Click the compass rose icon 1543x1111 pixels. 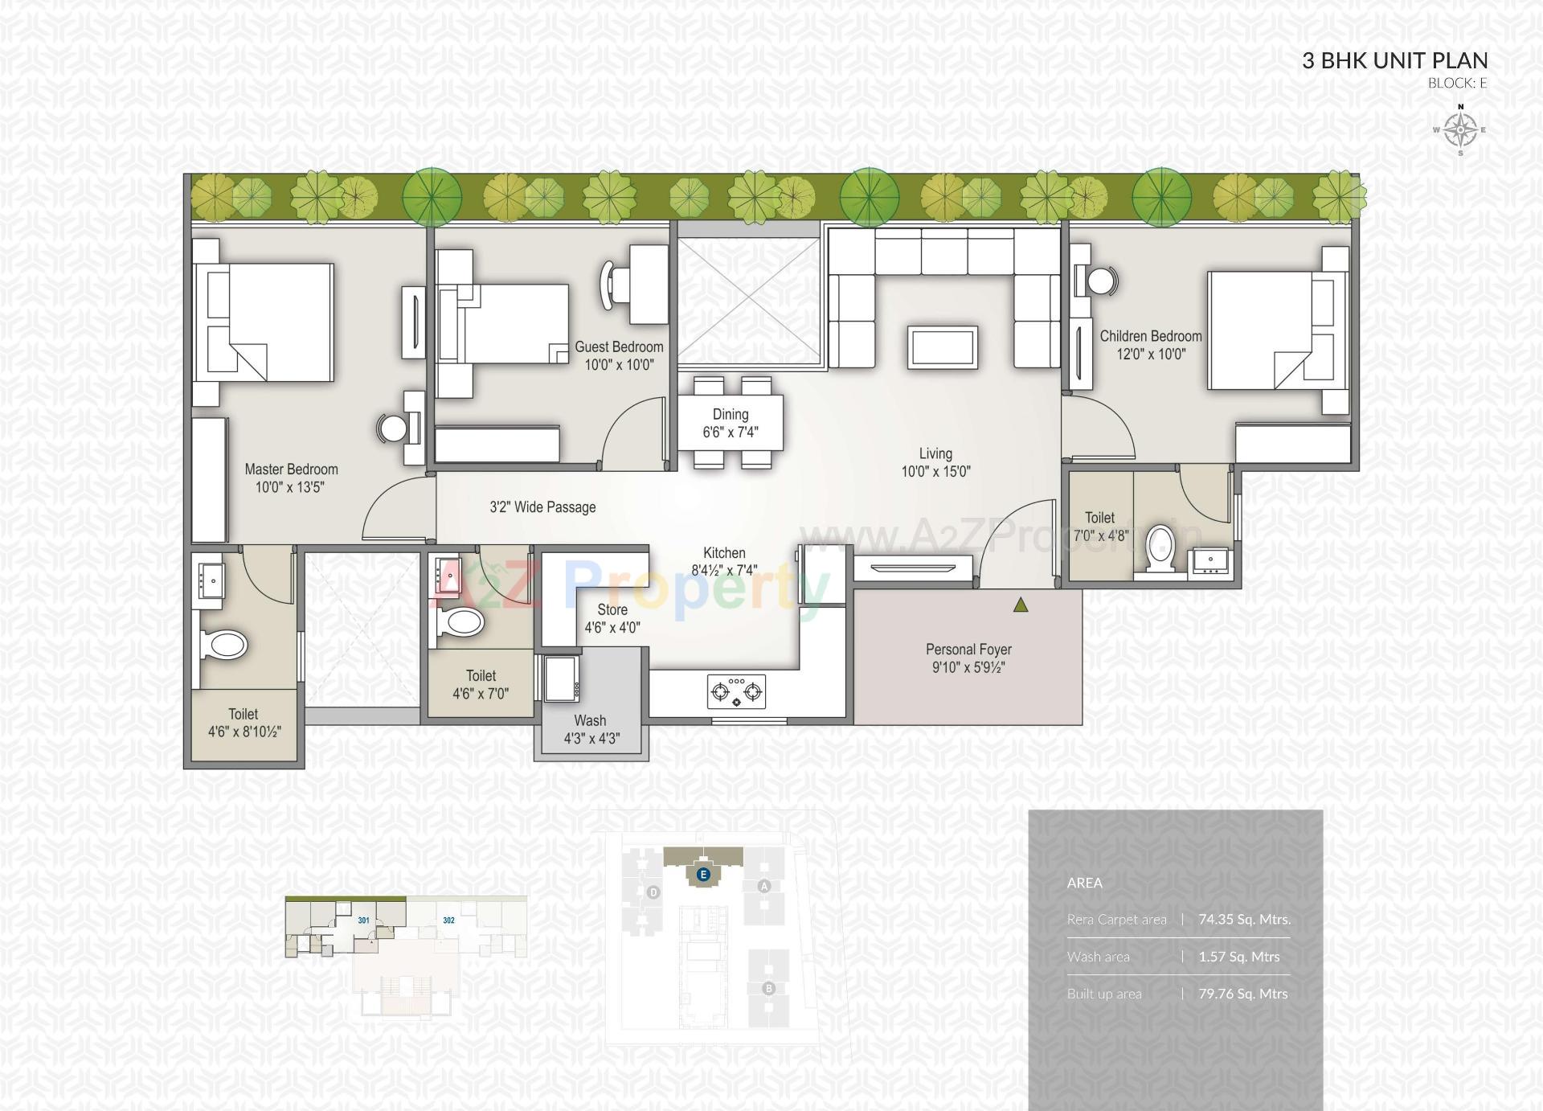point(1460,129)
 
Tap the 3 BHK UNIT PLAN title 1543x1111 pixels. point(1394,60)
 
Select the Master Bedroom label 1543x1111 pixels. point(291,469)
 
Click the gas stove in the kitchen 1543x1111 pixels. point(736,691)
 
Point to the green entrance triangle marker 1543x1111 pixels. point(1021,605)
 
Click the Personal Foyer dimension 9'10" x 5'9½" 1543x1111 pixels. point(968,667)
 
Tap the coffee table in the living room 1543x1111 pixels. point(943,348)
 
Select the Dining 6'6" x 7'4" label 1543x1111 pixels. point(731,423)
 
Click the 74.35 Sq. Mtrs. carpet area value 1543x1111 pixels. point(1243,920)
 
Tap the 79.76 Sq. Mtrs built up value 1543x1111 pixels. point(1242,994)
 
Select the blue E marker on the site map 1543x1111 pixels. point(703,874)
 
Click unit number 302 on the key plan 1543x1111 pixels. point(448,920)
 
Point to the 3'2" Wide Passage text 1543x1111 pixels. point(542,507)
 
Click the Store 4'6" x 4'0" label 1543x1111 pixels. point(612,618)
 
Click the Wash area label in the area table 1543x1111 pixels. point(1098,957)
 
